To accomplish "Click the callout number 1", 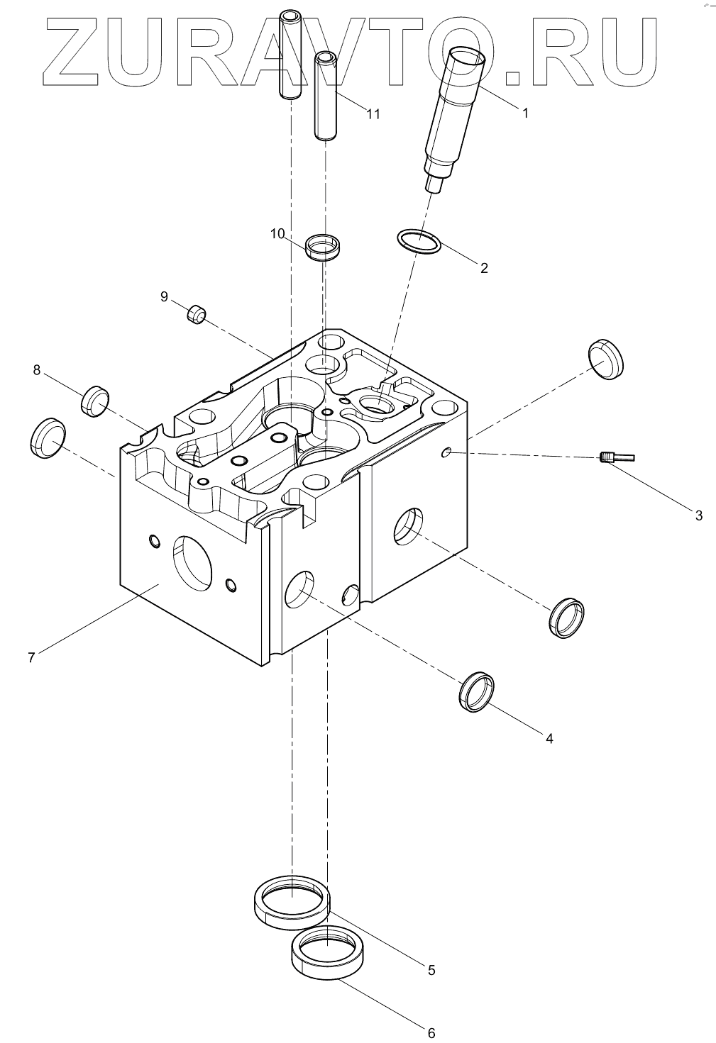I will coord(525,113).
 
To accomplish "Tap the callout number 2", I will coord(484,268).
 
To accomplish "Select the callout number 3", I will coord(698,515).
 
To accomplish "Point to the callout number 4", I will coord(549,738).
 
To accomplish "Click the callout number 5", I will coord(431,970).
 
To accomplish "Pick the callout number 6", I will coord(431,1032).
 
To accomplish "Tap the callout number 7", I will coord(31,657).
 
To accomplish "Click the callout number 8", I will coord(37,369).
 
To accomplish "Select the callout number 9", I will coord(164,296).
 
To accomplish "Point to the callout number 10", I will coord(277,233).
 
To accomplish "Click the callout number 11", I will coord(373,113).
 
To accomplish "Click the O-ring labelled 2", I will coord(419,242).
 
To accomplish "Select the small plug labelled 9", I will coord(197,313).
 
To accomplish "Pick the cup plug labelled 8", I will coord(94,401).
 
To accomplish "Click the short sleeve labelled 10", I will coord(323,247).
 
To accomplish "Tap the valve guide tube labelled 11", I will coord(326,96).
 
